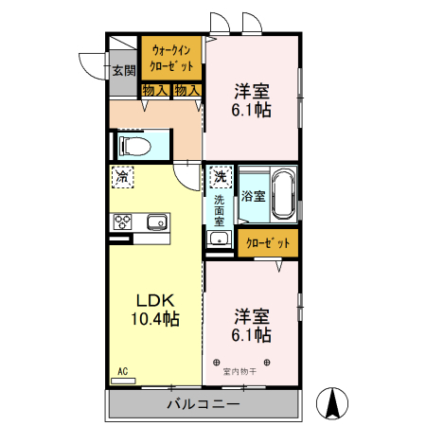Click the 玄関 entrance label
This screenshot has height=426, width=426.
tap(123, 70)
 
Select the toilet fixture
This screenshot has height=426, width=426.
tap(133, 146)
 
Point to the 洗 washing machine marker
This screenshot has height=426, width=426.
tap(220, 176)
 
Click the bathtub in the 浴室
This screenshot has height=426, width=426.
tap(283, 196)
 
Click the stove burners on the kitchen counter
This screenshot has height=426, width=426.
tap(123, 223)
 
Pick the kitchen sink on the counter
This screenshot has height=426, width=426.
tap(154, 223)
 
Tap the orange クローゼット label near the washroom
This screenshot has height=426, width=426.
tap(268, 243)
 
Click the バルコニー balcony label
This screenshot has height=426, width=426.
tap(204, 404)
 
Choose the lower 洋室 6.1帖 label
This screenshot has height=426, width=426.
tap(252, 326)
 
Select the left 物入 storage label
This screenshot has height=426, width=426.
tap(155, 91)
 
